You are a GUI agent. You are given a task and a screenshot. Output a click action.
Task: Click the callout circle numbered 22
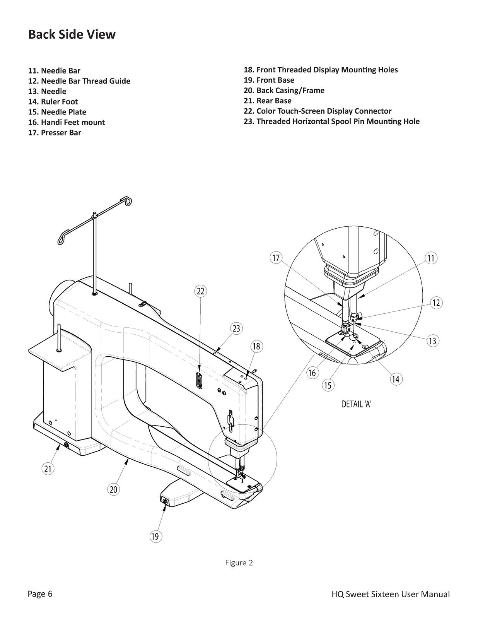(200, 291)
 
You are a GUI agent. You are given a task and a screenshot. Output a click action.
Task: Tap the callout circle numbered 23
(236, 328)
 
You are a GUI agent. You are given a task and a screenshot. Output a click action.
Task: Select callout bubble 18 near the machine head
(256, 346)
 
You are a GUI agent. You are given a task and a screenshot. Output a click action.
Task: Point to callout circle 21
(48, 469)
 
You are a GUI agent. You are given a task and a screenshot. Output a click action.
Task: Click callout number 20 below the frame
(113, 489)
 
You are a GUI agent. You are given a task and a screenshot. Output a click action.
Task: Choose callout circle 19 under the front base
(155, 536)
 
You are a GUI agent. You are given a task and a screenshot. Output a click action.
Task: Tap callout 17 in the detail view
(276, 258)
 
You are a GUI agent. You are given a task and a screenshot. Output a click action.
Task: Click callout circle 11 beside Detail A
(431, 258)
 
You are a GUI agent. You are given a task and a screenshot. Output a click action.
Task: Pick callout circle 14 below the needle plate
(395, 379)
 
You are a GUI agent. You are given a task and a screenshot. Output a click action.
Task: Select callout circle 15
(328, 385)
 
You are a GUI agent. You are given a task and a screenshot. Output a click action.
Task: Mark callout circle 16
(312, 373)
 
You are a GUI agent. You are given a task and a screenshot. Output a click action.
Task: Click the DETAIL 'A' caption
(356, 404)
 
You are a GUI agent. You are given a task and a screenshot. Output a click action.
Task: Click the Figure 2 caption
(239, 563)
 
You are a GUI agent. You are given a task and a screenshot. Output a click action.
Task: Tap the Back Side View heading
(72, 34)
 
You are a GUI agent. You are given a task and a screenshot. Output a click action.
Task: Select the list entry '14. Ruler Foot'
(53, 102)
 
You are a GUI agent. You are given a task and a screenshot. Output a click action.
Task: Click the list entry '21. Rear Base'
(268, 101)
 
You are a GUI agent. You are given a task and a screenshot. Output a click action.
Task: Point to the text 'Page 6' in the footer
(40, 594)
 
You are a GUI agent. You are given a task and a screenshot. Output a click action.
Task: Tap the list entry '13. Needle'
(47, 91)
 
